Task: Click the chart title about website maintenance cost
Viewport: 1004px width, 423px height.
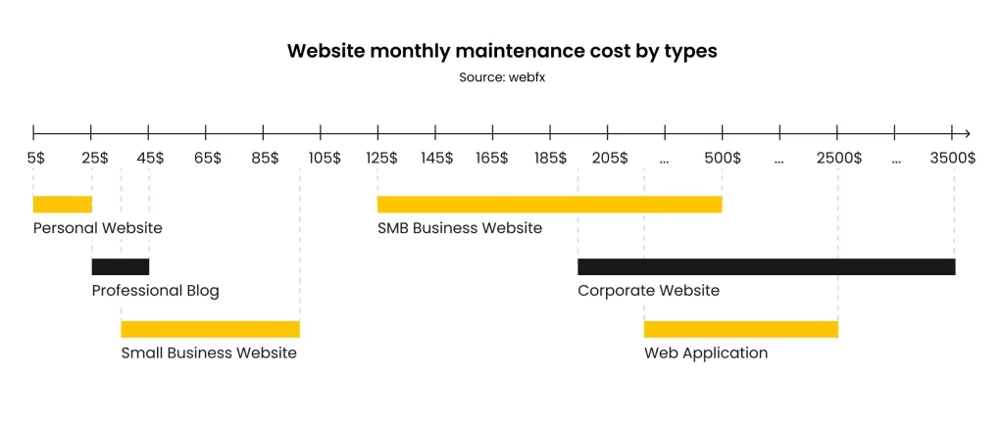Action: coord(501,51)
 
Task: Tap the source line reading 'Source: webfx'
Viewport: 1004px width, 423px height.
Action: coord(501,77)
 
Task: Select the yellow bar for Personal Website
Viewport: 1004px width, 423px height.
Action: coord(62,204)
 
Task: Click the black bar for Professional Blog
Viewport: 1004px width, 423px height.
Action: coord(120,266)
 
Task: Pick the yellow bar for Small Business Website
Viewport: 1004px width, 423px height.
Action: coord(210,329)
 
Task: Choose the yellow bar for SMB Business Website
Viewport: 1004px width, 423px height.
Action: coord(549,204)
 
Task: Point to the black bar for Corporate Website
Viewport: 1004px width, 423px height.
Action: coord(766,266)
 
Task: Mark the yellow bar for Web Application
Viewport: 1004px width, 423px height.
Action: coord(740,329)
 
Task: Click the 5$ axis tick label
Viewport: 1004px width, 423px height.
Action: coord(35,158)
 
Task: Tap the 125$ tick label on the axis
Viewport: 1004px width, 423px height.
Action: coord(380,158)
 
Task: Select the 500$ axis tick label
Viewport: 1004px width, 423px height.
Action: coord(723,158)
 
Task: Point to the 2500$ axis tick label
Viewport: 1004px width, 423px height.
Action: coord(838,158)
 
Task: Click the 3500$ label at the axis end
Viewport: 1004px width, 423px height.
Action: coord(953,158)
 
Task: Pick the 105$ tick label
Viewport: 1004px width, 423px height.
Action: coord(324,158)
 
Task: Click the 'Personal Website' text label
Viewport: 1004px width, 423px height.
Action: coord(97,228)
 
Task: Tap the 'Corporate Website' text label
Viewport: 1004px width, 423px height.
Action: coord(648,291)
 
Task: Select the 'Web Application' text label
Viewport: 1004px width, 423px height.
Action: coord(705,353)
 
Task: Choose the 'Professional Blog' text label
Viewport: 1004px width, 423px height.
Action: coord(155,291)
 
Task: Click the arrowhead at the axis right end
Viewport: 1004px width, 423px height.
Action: coord(967,133)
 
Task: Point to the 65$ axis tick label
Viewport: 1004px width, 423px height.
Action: coord(208,158)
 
